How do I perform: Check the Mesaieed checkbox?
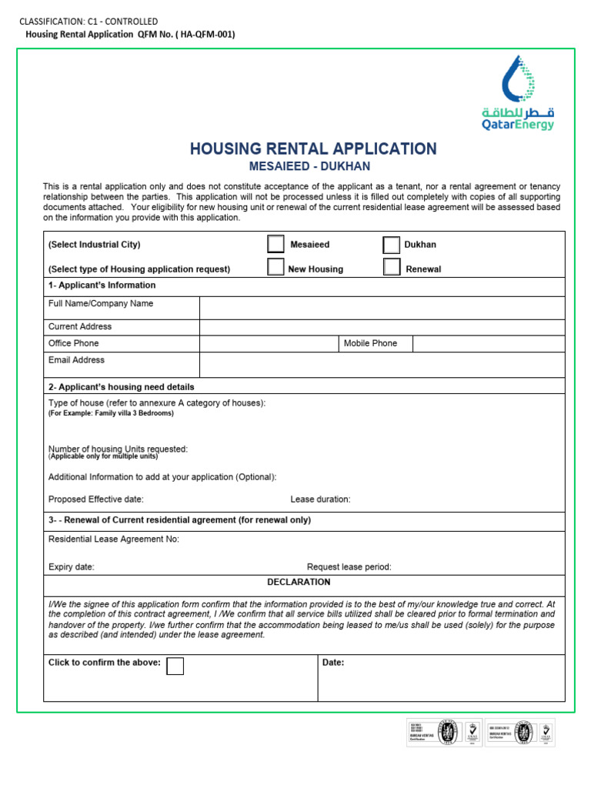tap(275, 245)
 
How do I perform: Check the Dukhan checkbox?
tap(391, 245)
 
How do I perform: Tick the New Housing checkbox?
tap(275, 267)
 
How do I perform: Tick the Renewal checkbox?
tap(391, 267)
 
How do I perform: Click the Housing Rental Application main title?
tap(313, 149)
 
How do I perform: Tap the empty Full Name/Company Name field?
tap(382, 308)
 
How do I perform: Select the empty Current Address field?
tap(382, 327)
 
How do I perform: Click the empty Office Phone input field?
tap(269, 344)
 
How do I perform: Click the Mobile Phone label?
tap(370, 344)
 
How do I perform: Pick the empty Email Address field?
tap(382, 364)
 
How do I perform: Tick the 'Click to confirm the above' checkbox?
tap(175, 666)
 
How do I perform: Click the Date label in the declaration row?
tap(333, 663)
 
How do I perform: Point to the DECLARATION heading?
tap(299, 583)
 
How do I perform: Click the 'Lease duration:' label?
tap(320, 499)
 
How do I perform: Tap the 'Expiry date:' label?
tap(72, 567)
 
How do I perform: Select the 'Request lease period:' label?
tap(349, 567)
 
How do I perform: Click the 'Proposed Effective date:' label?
tap(96, 499)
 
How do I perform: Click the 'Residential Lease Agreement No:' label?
tap(114, 539)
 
